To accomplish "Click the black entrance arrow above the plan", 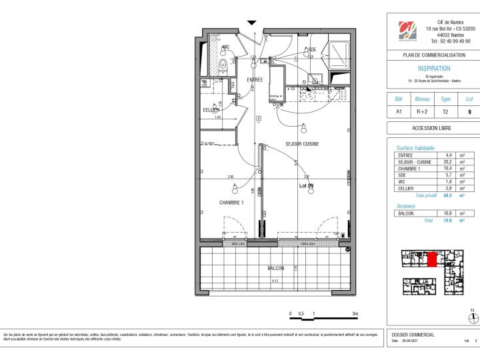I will point(251,23).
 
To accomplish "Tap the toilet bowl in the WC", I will point(223,64).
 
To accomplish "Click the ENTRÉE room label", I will point(255,80).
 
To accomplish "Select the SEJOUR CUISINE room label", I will point(302,144).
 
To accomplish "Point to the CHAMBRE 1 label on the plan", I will point(231,203).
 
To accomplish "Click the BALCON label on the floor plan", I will point(275,268).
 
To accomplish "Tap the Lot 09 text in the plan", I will point(306,185).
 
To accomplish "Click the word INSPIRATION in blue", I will point(433,68).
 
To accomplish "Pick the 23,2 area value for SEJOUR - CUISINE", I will point(449,161).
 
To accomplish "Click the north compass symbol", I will point(473,317).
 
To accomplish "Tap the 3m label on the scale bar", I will point(355,313).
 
